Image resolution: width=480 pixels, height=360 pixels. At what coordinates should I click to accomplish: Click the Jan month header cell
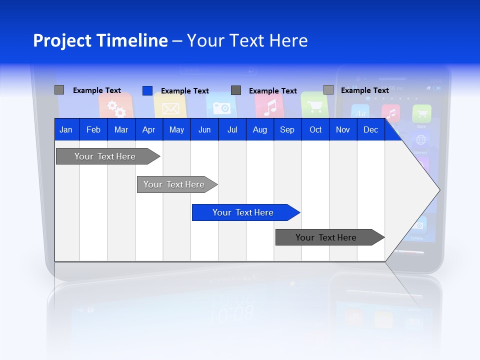click(66, 129)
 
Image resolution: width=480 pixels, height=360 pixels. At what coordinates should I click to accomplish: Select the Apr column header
click(148, 129)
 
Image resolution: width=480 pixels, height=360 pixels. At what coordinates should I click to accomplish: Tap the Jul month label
click(232, 129)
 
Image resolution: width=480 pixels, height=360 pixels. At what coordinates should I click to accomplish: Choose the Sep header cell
click(287, 129)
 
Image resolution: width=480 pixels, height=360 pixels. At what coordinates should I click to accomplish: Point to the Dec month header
click(370, 129)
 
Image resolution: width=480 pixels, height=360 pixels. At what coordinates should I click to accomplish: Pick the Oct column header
click(315, 129)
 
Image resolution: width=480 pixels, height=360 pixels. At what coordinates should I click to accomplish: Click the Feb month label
click(93, 129)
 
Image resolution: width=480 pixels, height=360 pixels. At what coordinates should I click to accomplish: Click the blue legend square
click(147, 90)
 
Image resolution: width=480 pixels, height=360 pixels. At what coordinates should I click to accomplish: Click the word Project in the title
click(61, 40)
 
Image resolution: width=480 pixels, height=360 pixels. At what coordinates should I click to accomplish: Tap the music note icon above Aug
click(270, 106)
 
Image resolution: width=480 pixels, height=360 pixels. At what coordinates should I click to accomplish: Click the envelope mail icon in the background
click(170, 107)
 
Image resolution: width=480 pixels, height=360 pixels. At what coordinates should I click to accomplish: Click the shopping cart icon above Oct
click(314, 106)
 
